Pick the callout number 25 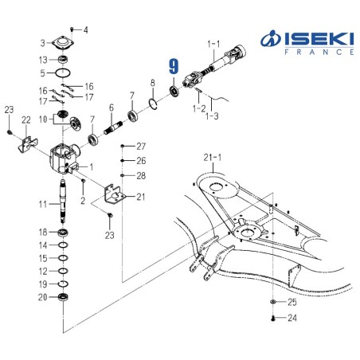pyautogui.click(x=292, y=303)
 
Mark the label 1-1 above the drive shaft pyautogui.click(x=213, y=41)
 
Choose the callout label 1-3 pyautogui.click(x=212, y=116)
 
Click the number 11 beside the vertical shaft pyautogui.click(x=44, y=204)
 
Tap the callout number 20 pyautogui.click(x=44, y=297)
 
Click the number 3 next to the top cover pyautogui.click(x=43, y=42)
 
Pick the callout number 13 pyautogui.click(x=43, y=59)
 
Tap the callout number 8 pyautogui.click(x=152, y=83)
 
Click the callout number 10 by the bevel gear pyautogui.click(x=43, y=119)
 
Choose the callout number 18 pyautogui.click(x=44, y=231)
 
